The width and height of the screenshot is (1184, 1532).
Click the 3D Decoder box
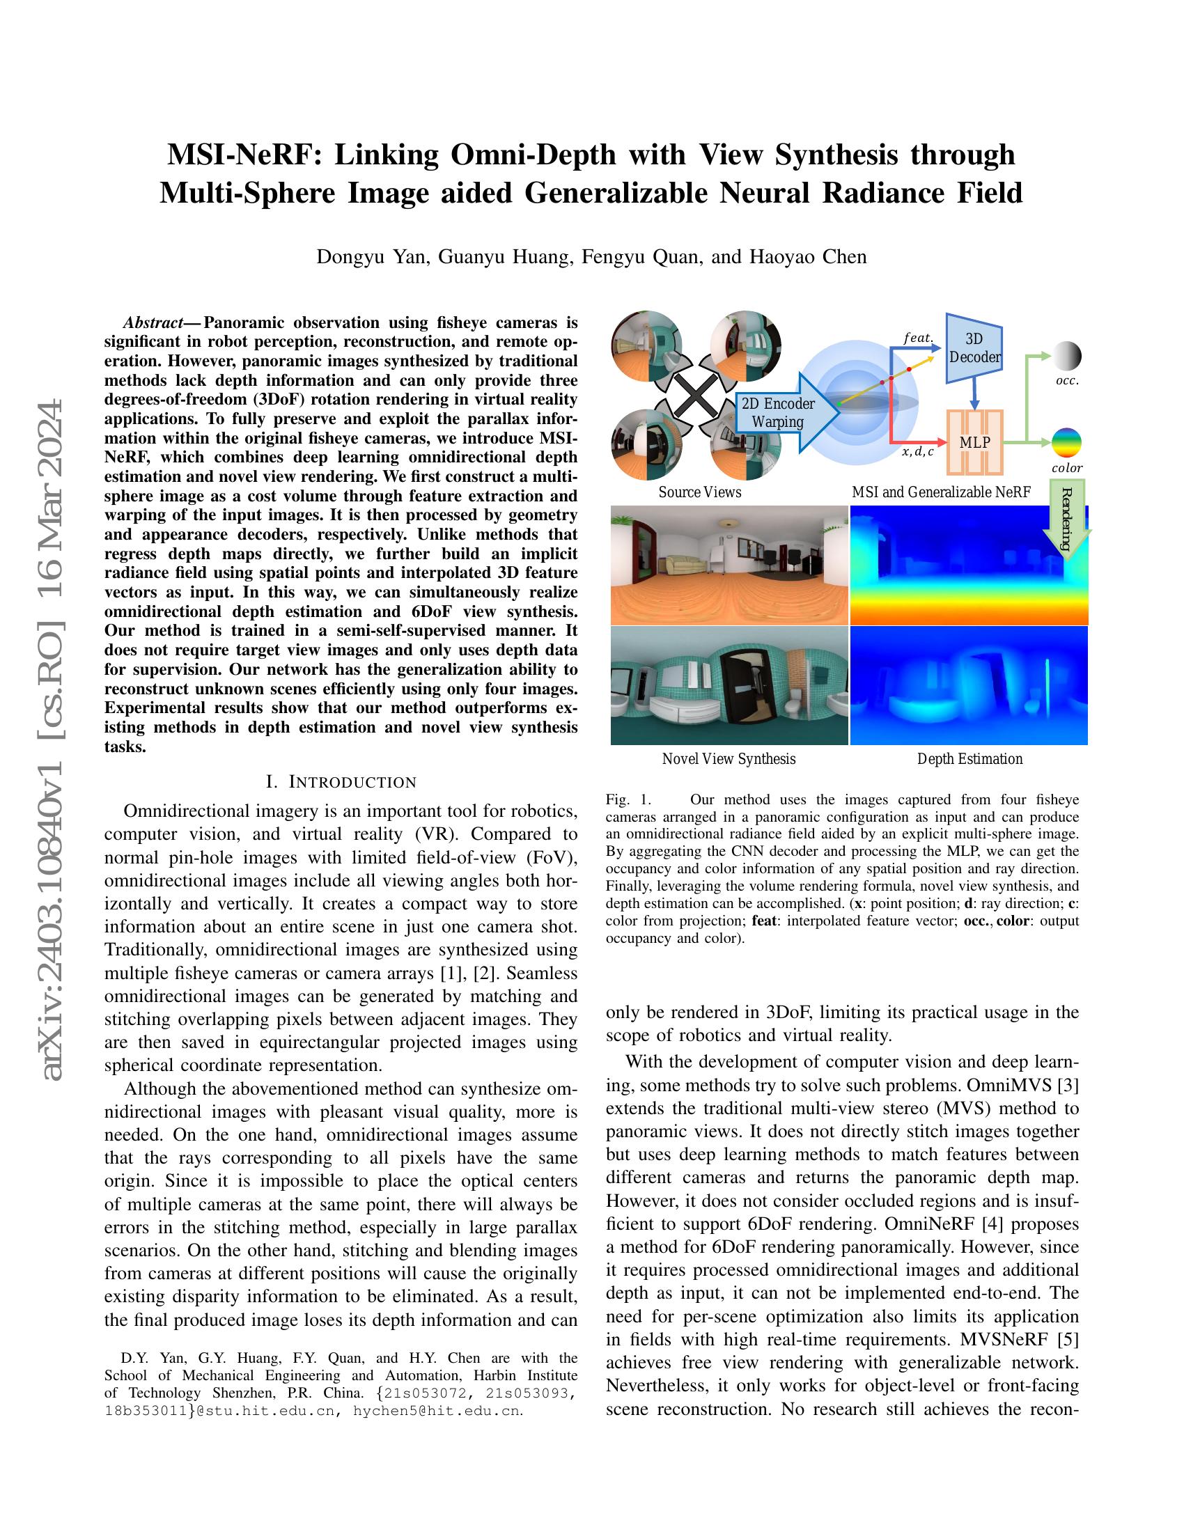pos(974,349)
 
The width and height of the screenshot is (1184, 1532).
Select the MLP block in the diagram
pos(974,443)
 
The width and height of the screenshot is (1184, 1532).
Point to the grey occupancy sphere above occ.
pos(1067,357)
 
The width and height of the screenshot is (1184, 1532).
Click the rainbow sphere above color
pos(1066,443)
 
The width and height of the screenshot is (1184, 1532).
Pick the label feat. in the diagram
pos(917,338)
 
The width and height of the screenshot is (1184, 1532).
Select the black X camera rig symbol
pos(696,397)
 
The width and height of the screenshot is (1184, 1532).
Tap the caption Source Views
pos(699,492)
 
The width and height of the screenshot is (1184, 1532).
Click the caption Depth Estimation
pos(969,759)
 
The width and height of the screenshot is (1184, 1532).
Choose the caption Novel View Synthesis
pos(729,759)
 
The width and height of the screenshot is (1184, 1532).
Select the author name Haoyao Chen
pos(808,257)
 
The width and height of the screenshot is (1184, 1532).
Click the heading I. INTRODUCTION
pos(341,782)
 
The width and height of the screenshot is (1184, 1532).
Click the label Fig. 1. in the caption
pos(628,799)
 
